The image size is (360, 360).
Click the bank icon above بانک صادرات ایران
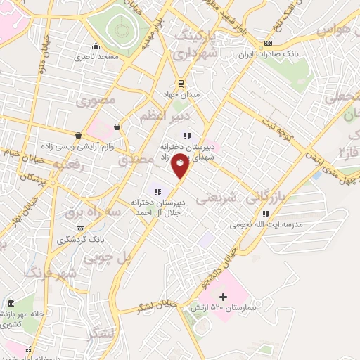coord(267,44)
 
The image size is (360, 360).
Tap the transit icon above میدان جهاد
coord(180,82)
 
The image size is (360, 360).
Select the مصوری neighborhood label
coord(98,101)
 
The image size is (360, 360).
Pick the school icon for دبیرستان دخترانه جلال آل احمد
coord(157,191)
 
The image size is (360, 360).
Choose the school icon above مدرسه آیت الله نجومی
coord(265,214)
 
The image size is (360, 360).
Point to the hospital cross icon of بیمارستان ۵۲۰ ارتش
coord(224,297)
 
